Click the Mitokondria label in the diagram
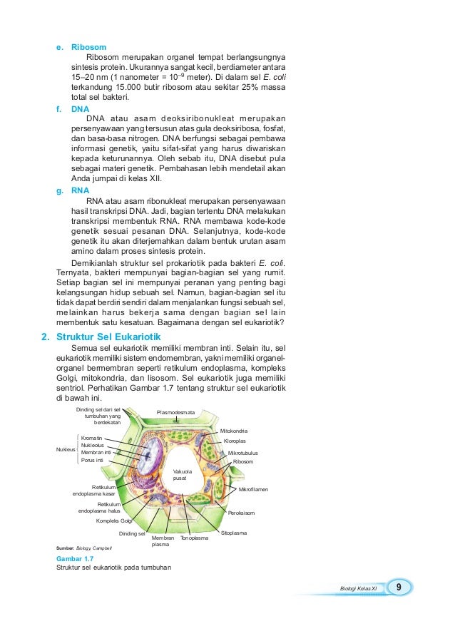(x=234, y=431)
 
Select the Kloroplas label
(x=235, y=441)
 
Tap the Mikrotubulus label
(x=242, y=453)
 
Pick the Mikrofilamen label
(x=253, y=490)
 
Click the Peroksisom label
(x=241, y=513)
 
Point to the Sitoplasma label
(x=234, y=533)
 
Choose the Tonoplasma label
(x=194, y=538)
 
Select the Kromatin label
(x=91, y=437)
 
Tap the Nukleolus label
(x=93, y=445)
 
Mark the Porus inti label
(x=93, y=460)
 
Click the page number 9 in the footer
(x=399, y=587)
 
